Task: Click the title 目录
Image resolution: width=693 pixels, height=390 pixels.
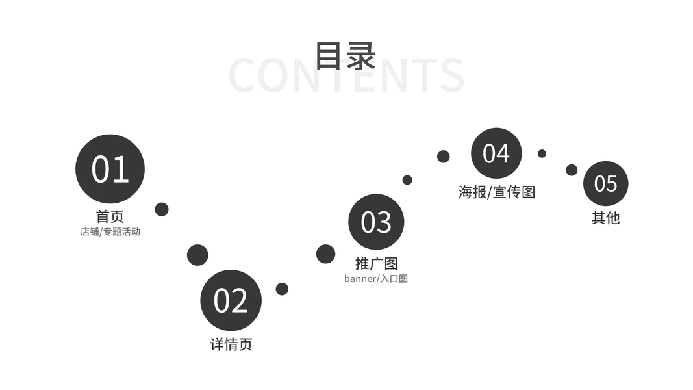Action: tap(346, 55)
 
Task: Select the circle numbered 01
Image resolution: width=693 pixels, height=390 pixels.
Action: tap(110, 168)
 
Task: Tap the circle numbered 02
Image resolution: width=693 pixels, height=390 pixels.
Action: tap(231, 300)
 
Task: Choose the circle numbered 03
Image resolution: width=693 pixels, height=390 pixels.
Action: tap(376, 222)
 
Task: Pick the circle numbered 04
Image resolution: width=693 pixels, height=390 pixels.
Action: tap(496, 153)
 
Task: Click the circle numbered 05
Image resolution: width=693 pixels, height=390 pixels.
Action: tap(605, 183)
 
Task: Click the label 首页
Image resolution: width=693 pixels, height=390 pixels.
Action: tap(110, 216)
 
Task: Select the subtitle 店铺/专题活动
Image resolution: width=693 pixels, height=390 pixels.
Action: tap(110, 231)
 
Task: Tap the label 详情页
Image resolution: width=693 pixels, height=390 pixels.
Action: tap(231, 344)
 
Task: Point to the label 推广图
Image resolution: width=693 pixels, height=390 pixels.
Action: tap(376, 263)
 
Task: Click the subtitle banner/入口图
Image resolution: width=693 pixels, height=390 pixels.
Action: tap(376, 279)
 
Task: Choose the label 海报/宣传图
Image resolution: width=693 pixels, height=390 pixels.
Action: tap(496, 192)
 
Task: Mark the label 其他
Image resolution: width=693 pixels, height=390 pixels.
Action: tap(605, 218)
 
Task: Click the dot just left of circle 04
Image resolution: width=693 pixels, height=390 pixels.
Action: tap(444, 156)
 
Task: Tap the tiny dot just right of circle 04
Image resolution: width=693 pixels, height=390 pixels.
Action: tap(542, 153)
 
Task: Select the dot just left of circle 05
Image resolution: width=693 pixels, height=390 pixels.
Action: tap(572, 170)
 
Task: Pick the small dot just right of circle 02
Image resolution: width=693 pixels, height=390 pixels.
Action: tap(282, 289)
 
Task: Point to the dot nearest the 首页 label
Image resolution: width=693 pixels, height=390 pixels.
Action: tap(162, 209)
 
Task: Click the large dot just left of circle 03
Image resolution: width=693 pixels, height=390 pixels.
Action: tap(325, 254)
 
